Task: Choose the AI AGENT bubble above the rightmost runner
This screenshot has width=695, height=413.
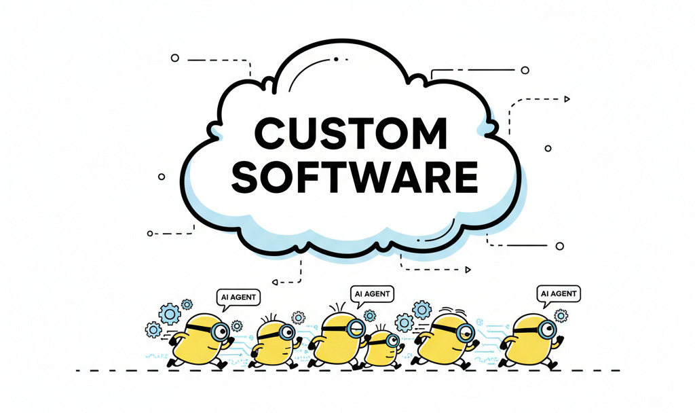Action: (559, 294)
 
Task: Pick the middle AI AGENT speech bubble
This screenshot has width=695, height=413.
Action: (373, 293)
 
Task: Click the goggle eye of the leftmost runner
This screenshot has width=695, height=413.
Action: (219, 331)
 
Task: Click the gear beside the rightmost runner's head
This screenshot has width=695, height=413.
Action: (561, 315)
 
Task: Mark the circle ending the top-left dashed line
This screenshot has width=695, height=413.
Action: (174, 59)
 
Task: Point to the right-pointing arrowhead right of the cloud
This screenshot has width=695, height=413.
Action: (567, 99)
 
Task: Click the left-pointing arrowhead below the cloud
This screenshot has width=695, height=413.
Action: (274, 281)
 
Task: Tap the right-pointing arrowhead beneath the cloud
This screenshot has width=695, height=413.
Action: (468, 270)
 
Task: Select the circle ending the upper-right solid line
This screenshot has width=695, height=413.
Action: (525, 69)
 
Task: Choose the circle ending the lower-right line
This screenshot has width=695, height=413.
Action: (560, 246)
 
